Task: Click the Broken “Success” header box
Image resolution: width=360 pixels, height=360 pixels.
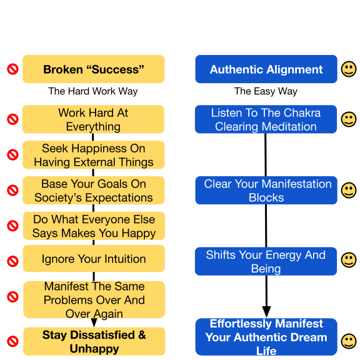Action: (94, 69)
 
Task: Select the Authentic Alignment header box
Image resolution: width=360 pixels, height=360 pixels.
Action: (266, 69)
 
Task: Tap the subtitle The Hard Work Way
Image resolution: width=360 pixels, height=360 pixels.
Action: (93, 91)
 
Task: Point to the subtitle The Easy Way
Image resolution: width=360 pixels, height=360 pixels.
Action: (266, 91)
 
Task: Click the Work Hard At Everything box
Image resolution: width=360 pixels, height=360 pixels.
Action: (93, 119)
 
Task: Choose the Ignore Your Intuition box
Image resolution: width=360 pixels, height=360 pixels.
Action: (94, 259)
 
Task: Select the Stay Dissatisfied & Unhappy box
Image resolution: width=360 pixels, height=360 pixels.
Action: (94, 341)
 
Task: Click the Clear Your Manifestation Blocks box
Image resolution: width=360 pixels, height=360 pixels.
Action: (266, 191)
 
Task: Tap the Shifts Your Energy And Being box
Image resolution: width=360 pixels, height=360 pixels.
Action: (266, 261)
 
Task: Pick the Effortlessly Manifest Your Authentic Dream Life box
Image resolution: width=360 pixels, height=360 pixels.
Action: (266, 337)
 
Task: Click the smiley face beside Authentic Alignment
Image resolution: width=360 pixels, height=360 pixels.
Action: (349, 69)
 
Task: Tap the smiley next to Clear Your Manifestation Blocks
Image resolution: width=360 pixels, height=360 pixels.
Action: (349, 191)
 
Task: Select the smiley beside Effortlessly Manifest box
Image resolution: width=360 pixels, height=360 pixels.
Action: (349, 341)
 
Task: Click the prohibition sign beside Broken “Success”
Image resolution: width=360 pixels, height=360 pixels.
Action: (13, 69)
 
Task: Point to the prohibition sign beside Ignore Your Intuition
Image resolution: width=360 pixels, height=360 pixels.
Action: (13, 261)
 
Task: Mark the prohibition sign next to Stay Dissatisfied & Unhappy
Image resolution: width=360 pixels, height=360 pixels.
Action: (13, 341)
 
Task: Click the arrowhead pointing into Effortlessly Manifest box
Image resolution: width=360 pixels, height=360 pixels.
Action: (266, 312)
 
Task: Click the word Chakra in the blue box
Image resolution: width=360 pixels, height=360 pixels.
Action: (302, 112)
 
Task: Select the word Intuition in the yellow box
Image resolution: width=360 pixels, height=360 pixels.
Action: (125, 259)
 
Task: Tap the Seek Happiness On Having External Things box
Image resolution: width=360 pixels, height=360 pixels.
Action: (94, 155)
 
